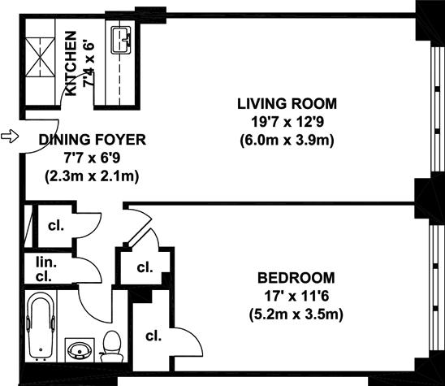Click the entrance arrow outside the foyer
pyautogui.click(x=10, y=137)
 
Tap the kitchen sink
pyautogui.click(x=121, y=40)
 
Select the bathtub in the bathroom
pyautogui.click(x=41, y=327)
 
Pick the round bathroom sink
pyautogui.click(x=80, y=350)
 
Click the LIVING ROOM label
pyautogui.click(x=287, y=104)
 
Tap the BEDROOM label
pyautogui.click(x=296, y=278)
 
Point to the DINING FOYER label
pyautogui.click(x=93, y=140)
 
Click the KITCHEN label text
pyautogui.click(x=71, y=63)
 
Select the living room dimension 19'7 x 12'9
pyautogui.click(x=287, y=122)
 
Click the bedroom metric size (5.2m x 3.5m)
pyautogui.click(x=296, y=314)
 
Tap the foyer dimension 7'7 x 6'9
pyautogui.click(x=92, y=158)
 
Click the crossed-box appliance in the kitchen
pyautogui.click(x=41, y=57)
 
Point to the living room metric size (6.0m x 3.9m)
pyautogui.click(x=287, y=141)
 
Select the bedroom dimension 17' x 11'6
pyautogui.click(x=296, y=297)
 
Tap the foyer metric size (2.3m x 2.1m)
pyautogui.click(x=92, y=176)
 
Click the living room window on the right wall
pyautogui.click(x=438, y=109)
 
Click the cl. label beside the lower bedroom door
pyautogui.click(x=153, y=336)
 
